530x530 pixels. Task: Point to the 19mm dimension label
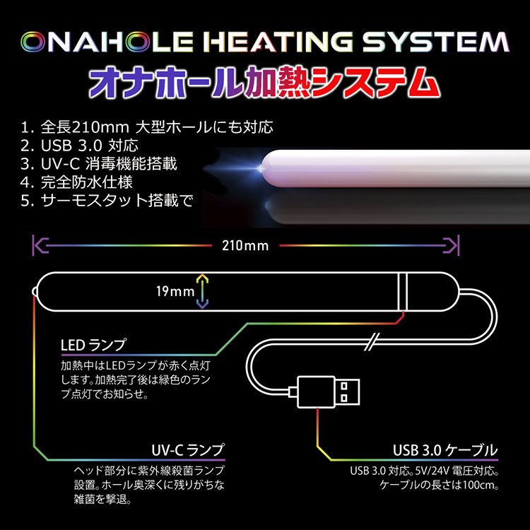(x=177, y=290)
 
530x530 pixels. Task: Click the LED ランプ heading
(x=94, y=346)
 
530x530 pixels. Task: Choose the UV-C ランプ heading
(x=187, y=450)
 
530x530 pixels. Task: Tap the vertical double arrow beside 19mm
(x=201, y=290)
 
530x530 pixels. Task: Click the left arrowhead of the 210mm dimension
(x=37, y=246)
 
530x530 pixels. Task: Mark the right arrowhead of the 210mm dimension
(x=456, y=246)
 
